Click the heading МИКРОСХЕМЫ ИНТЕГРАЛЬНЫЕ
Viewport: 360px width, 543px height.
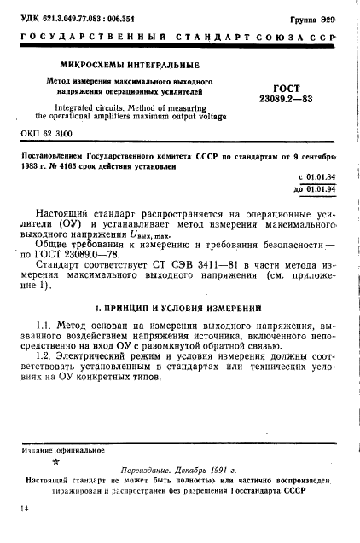point(129,64)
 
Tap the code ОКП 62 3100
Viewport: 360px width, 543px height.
point(51,134)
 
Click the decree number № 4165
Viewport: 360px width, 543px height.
point(84,166)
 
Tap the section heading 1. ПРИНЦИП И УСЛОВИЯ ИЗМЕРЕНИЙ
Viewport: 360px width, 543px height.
point(180,307)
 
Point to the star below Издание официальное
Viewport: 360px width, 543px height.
point(57,463)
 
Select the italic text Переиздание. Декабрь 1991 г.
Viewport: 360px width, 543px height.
point(183,469)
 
